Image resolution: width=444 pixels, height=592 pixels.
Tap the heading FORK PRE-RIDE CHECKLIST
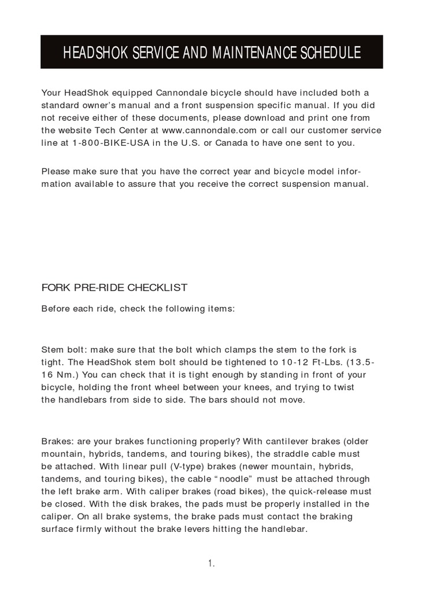coord(114,287)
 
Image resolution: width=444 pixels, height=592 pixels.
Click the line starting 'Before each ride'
coord(138,309)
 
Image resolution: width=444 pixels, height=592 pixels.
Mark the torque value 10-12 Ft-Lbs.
coord(302,362)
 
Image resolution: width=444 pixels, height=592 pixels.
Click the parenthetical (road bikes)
coord(236,491)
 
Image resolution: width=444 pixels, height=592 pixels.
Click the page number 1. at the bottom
coord(212,564)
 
